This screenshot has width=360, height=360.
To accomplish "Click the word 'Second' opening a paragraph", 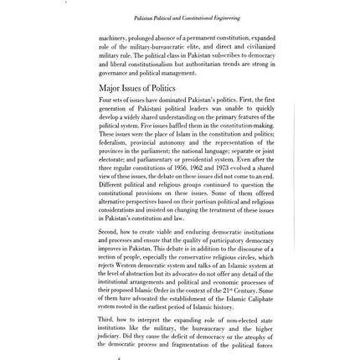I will tap(107, 231).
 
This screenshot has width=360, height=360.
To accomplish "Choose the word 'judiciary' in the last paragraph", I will tap(111, 335).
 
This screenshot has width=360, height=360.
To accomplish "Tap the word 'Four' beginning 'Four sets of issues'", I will tap(105, 100).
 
